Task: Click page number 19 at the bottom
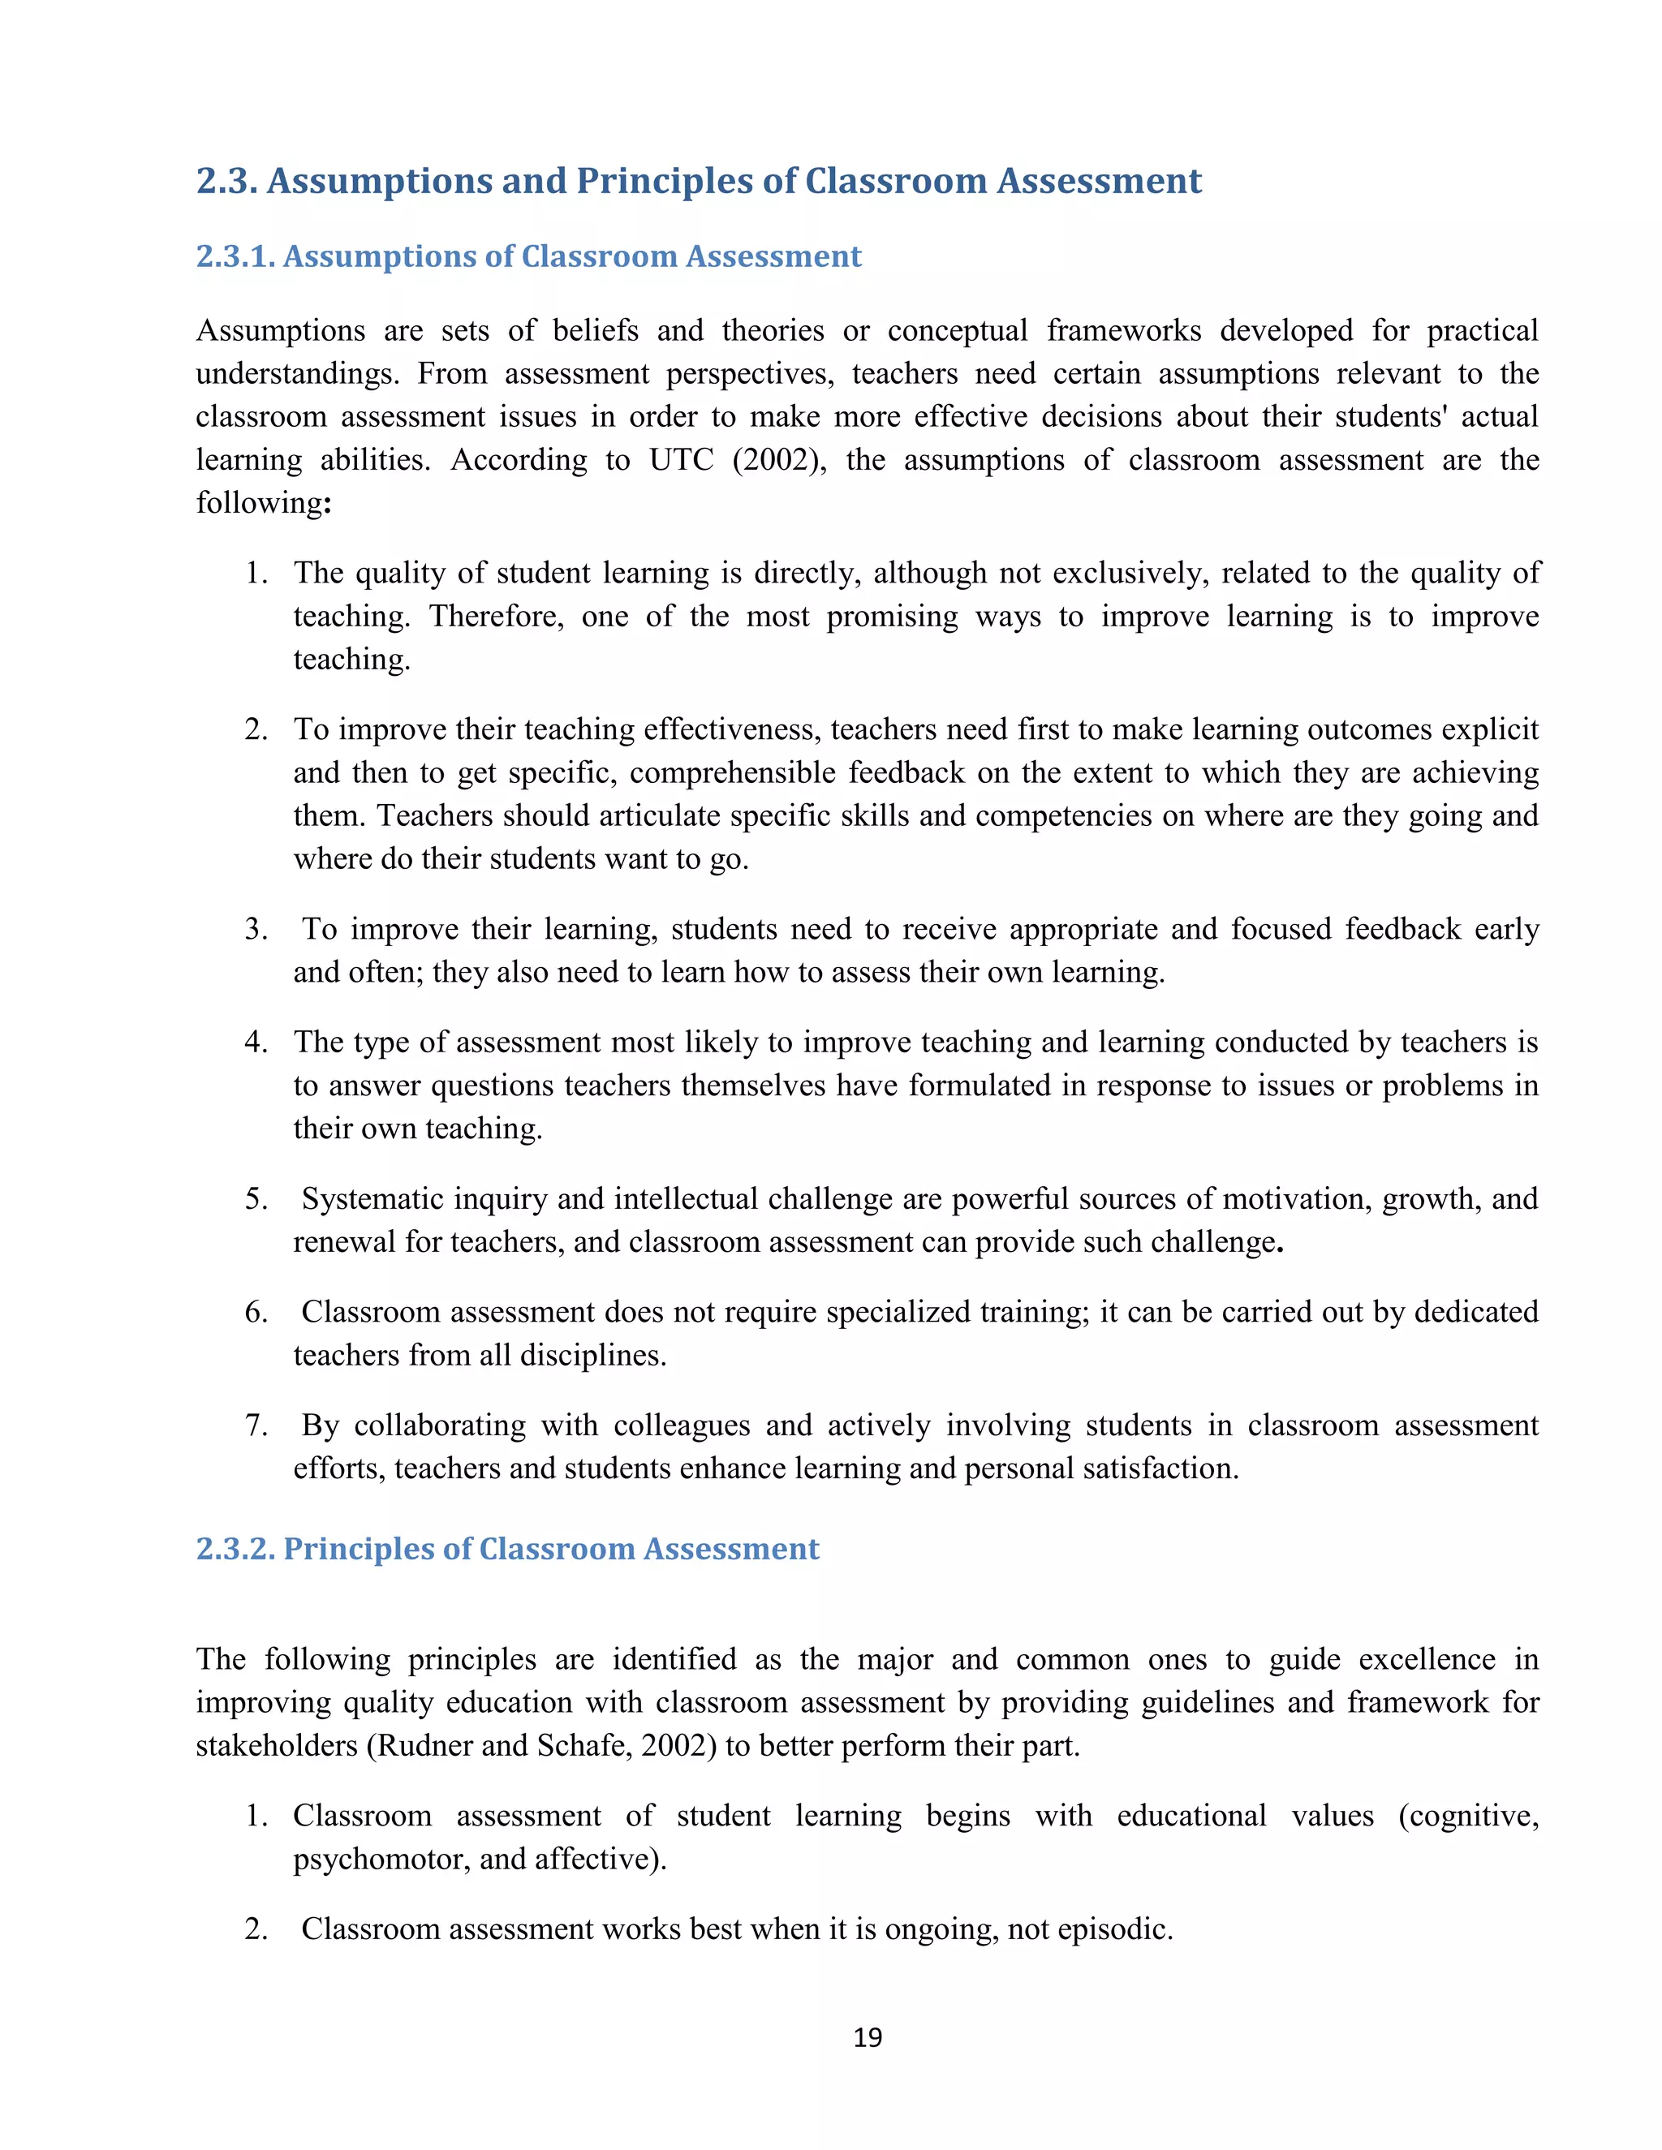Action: pyautogui.click(x=868, y=2036)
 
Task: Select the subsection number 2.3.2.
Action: pyautogui.click(x=236, y=1549)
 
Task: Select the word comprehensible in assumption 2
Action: pyautogui.click(x=733, y=772)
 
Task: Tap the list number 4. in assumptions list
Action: pyautogui.click(x=256, y=1043)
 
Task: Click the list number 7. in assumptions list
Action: pyautogui.click(x=256, y=1425)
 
